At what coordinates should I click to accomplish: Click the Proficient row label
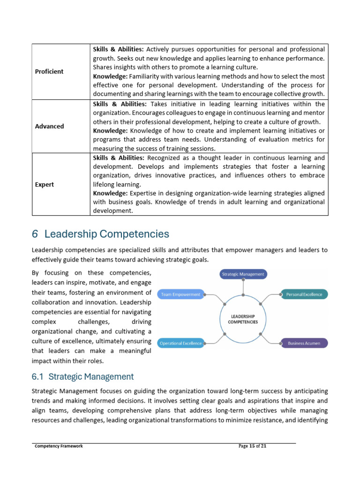49,72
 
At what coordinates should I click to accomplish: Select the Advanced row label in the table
49,127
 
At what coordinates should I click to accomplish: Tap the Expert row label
45,185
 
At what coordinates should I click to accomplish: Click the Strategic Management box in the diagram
243,274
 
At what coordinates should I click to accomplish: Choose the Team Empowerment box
181,294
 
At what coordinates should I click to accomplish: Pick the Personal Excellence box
304,294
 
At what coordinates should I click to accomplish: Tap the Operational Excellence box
181,343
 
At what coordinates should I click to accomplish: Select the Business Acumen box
304,343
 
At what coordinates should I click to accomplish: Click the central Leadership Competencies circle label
243,319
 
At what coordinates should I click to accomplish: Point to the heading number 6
35,234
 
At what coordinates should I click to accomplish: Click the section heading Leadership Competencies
107,234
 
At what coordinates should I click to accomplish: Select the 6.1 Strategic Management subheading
82,376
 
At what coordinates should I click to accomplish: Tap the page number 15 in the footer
252,446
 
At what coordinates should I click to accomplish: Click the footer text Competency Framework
59,446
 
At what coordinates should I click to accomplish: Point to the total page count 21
264,446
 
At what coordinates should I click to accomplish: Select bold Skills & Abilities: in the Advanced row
120,104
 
